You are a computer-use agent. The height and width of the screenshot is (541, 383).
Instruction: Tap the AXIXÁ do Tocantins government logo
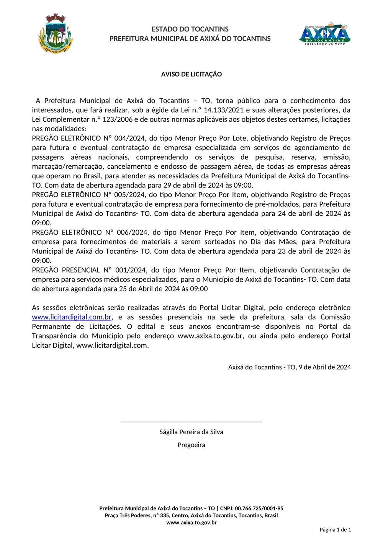click(x=325, y=34)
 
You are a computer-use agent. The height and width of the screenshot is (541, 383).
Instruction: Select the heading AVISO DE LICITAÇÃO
click(x=191, y=74)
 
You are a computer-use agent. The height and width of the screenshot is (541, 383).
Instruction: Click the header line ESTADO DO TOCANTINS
click(x=190, y=29)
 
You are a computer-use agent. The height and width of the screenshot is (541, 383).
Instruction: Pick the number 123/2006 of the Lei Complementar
click(x=118, y=119)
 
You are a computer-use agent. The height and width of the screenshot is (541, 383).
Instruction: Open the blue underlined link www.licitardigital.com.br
click(x=72, y=317)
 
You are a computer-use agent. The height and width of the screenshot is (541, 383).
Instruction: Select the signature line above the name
click(x=191, y=421)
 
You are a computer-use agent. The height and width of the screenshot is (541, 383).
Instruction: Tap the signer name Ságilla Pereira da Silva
click(x=191, y=432)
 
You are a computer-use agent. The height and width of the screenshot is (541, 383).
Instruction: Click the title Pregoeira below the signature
click(x=191, y=445)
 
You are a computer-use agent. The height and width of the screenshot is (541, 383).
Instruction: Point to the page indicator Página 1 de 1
click(x=335, y=530)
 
